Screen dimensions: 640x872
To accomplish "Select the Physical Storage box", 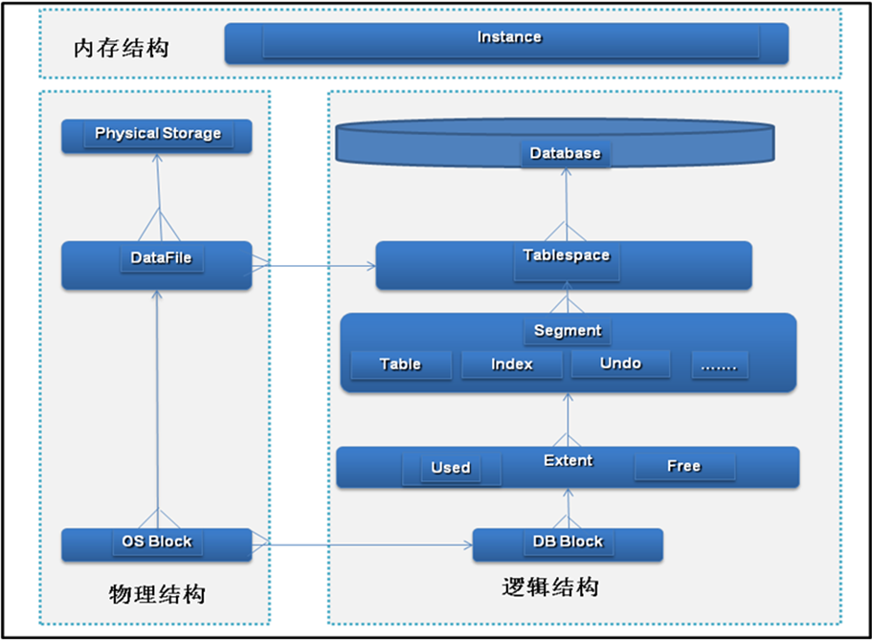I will click(x=157, y=135).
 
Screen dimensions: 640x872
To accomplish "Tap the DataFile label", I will click(x=161, y=257).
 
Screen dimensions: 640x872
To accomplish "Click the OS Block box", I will click(x=156, y=543).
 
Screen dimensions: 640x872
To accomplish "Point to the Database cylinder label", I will click(x=565, y=153).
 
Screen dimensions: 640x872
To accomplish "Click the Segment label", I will click(x=568, y=330).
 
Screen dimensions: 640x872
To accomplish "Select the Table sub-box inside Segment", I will click(x=400, y=364).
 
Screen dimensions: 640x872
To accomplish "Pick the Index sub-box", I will click(x=511, y=364).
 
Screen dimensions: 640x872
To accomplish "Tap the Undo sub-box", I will click(x=620, y=364).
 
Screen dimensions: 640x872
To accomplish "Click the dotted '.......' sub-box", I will click(x=719, y=364).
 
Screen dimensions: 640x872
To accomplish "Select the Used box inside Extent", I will click(x=450, y=468).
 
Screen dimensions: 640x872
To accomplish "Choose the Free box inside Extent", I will click(x=683, y=467).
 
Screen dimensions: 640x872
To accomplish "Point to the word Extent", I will click(x=568, y=460).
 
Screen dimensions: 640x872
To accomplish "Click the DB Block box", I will click(x=568, y=542).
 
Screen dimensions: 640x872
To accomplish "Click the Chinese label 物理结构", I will click(x=157, y=594).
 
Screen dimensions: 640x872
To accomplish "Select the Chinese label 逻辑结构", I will click(x=549, y=586).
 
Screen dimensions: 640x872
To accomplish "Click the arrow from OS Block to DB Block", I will click(x=364, y=546).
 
